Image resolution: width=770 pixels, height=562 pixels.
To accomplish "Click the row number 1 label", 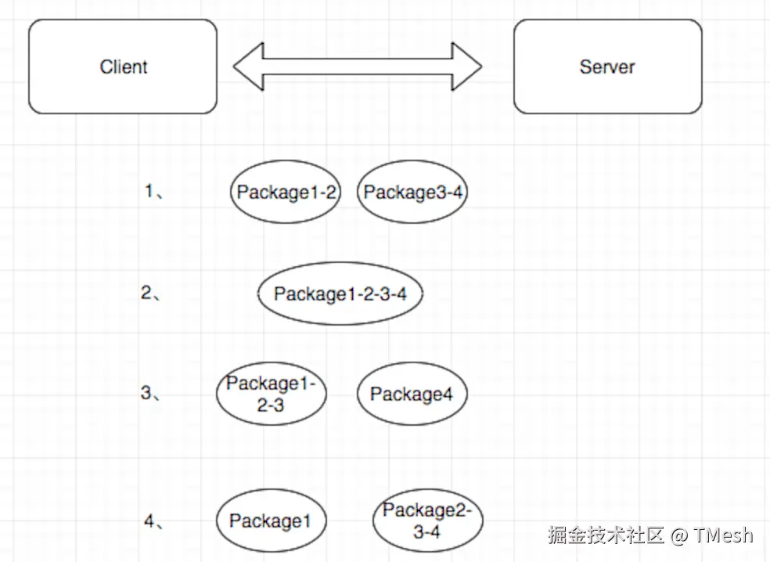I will [152, 191].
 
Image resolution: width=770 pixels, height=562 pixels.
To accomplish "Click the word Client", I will [124, 67].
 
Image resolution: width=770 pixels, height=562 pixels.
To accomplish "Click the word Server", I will [607, 67].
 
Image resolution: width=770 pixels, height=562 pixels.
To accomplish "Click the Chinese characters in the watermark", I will [606, 535].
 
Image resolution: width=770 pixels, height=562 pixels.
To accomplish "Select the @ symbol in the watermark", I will [679, 535].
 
